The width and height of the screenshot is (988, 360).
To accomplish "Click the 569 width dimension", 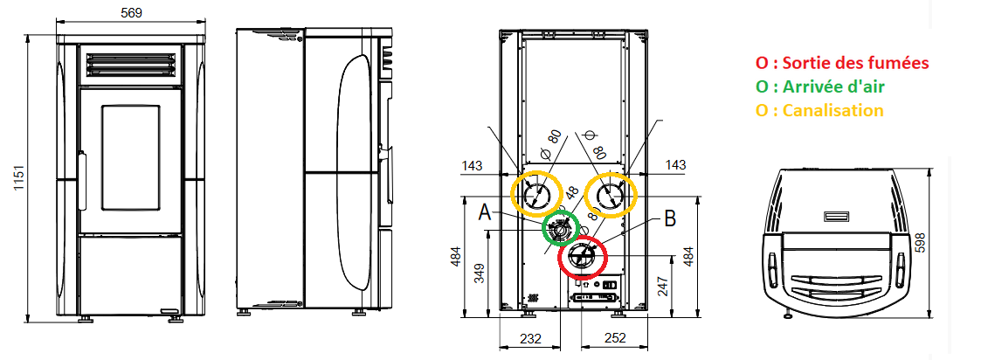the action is click(x=132, y=12).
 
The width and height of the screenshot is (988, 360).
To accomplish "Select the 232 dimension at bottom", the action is click(x=530, y=338).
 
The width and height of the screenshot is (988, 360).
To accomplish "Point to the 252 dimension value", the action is click(x=614, y=338).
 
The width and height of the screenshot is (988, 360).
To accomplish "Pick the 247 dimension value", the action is click(x=660, y=287).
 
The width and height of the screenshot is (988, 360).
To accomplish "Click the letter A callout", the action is click(x=485, y=212).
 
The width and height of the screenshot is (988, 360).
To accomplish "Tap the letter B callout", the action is click(x=670, y=218).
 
